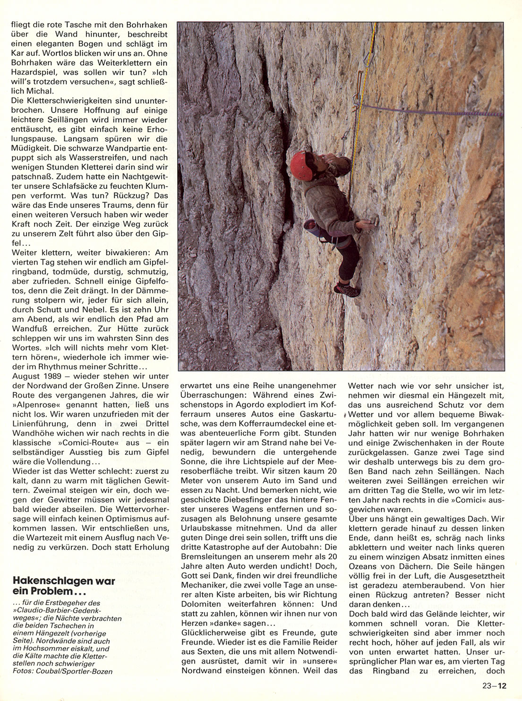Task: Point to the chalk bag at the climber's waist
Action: coord(310,226)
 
